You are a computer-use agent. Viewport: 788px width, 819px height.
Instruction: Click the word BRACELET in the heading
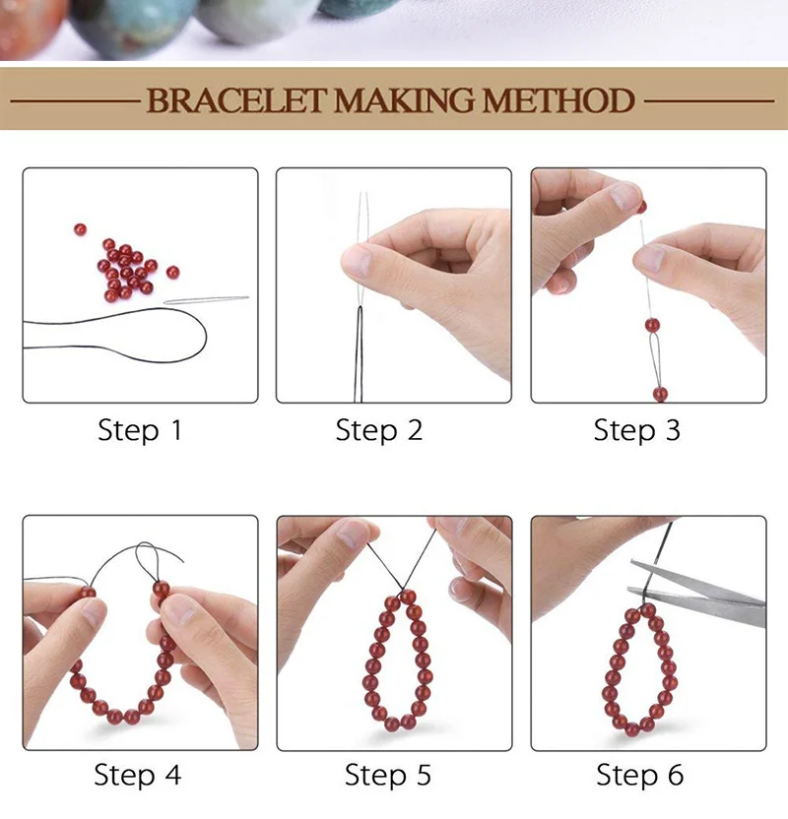pos(236,100)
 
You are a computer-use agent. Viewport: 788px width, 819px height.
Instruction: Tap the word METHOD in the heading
pos(558,100)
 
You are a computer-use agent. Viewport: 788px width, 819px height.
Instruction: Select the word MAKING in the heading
pos(405,100)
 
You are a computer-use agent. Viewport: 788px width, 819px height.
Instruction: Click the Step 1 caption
pos(140,430)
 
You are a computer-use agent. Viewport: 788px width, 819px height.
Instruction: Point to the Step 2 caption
pos(379,430)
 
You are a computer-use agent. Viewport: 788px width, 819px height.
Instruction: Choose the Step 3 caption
pos(637,430)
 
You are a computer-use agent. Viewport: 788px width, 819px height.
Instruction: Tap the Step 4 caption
pos(138,775)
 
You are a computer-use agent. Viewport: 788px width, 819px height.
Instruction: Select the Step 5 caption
pos(388,775)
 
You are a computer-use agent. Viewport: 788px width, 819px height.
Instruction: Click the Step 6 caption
pos(640,775)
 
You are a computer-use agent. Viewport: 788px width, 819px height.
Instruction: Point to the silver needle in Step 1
pos(207,300)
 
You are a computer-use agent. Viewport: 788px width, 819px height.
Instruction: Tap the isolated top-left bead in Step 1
pos(80,229)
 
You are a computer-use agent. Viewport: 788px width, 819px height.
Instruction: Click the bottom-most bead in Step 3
pos(660,394)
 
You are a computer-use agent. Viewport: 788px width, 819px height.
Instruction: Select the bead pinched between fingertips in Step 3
pos(642,208)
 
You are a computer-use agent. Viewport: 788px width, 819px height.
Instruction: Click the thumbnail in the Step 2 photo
pos(357,261)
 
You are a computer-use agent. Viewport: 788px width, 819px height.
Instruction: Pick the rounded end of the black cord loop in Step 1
pos(205,336)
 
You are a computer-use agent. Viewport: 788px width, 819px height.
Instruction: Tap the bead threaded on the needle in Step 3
pos(652,326)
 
